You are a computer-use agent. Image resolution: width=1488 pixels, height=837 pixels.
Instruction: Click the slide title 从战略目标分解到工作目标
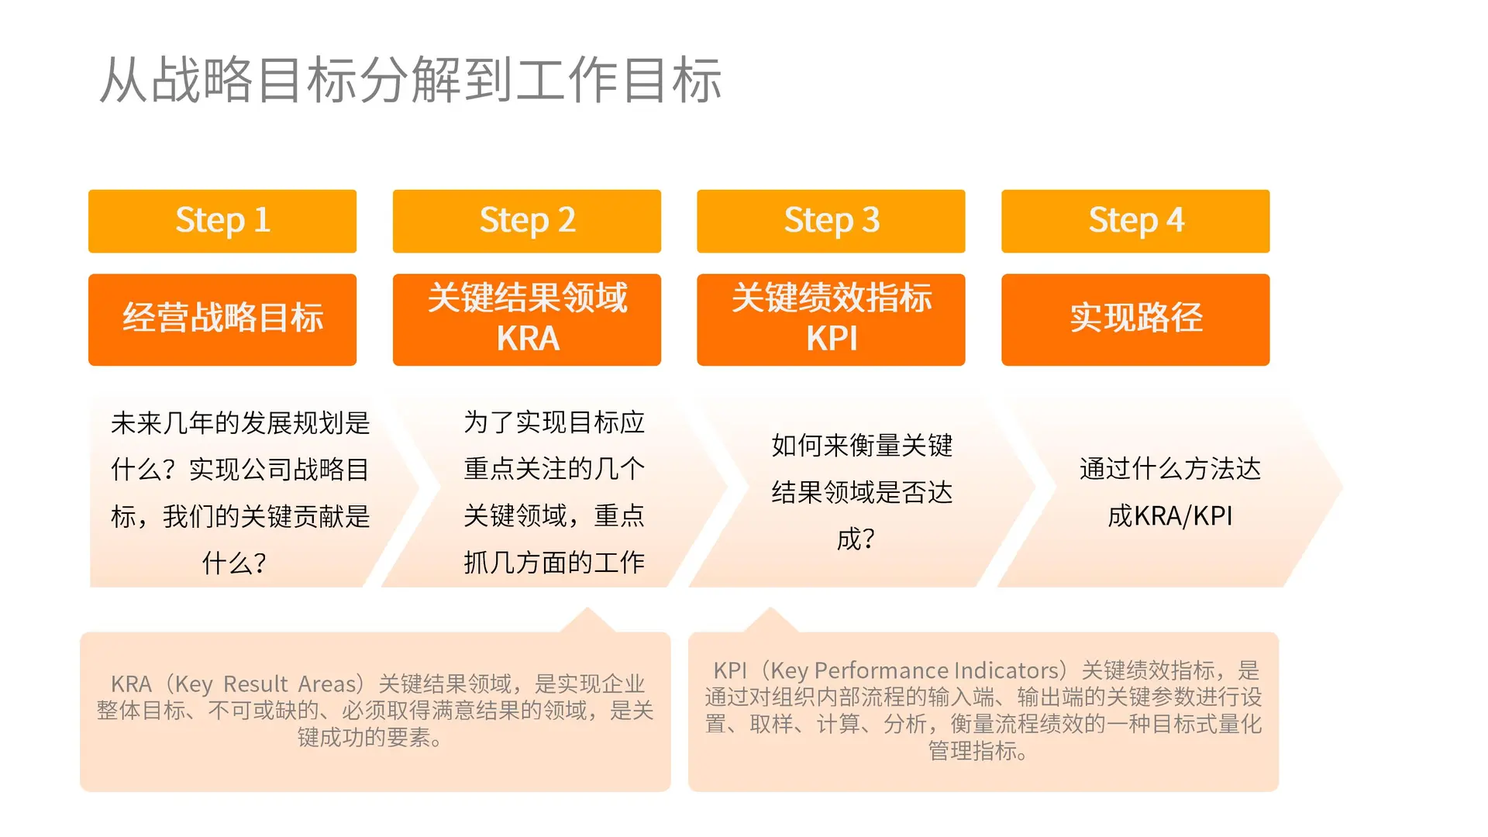click(x=411, y=81)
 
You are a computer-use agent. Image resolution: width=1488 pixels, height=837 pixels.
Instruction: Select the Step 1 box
click(x=222, y=221)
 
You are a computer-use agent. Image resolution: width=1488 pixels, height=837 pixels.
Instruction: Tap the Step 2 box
click(x=527, y=221)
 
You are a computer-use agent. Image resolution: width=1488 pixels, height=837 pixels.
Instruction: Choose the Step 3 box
click(x=831, y=221)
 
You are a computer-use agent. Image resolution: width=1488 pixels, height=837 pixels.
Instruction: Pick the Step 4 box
click(x=1135, y=221)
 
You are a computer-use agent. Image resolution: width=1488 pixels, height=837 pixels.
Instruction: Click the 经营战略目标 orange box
click(x=222, y=319)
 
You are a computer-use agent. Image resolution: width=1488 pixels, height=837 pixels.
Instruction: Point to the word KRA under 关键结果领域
click(x=528, y=339)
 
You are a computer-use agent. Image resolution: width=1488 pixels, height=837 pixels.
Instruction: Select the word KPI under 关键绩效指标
click(x=832, y=339)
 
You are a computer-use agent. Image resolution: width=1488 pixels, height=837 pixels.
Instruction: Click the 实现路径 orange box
click(x=1135, y=319)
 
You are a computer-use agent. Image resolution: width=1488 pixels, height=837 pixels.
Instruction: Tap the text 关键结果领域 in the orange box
click(x=528, y=298)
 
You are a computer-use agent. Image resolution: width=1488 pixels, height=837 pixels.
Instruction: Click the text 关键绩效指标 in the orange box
click(x=832, y=298)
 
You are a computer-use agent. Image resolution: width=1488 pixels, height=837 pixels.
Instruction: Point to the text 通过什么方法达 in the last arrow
click(x=1169, y=469)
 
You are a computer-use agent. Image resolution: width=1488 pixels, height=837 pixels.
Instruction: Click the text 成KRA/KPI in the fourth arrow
click(x=1169, y=515)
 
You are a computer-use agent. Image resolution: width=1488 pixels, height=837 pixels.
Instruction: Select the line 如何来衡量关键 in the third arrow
click(x=862, y=446)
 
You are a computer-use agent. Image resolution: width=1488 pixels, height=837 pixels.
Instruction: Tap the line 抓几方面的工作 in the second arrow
click(x=554, y=562)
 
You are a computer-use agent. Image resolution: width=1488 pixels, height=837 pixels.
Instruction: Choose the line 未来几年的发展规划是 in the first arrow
click(x=240, y=423)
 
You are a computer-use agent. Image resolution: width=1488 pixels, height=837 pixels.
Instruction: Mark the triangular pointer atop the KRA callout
click(x=587, y=621)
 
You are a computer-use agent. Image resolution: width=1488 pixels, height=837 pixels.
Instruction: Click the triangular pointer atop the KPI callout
click(x=770, y=621)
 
